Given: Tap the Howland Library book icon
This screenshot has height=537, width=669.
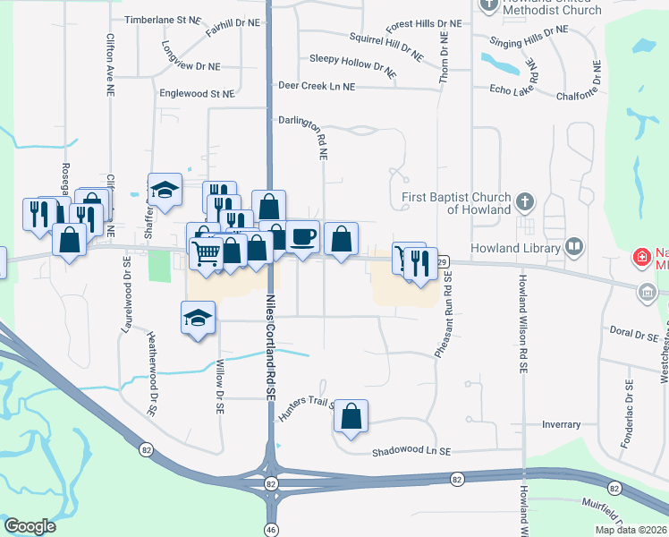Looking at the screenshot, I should (x=573, y=246).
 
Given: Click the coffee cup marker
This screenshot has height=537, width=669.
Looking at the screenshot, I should (x=303, y=236).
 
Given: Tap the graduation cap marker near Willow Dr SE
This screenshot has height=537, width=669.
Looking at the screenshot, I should (x=199, y=318).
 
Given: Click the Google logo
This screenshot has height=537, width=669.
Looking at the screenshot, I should (x=30, y=526).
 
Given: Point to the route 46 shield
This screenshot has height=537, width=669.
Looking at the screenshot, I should (x=269, y=529).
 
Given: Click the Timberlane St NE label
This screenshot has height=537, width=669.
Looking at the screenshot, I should (x=163, y=19).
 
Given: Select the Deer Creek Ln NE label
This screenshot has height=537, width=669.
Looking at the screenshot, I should (x=317, y=86).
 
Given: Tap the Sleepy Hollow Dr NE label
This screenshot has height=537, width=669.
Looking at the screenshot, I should (x=352, y=62).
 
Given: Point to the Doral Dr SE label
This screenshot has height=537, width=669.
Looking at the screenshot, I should (x=633, y=329).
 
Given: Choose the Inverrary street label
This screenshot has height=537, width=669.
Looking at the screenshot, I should (x=561, y=424).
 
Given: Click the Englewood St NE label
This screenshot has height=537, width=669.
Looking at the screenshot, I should (x=196, y=93).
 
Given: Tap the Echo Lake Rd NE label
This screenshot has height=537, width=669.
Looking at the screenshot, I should (x=519, y=89).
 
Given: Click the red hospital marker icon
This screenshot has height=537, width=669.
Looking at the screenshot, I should (x=640, y=258).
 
